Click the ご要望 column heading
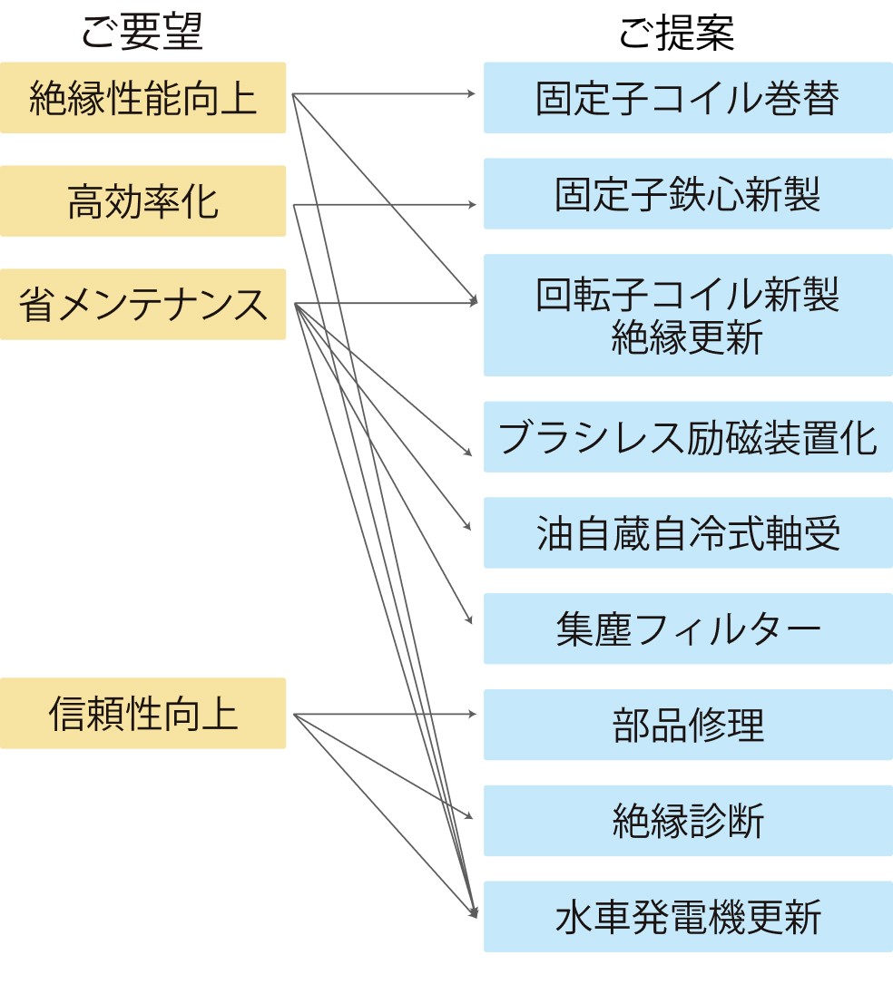[x=142, y=34]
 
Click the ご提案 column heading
[x=676, y=34]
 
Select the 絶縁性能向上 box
[x=142, y=98]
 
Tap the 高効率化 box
[x=142, y=200]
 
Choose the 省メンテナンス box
[x=142, y=304]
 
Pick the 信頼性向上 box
[x=142, y=713]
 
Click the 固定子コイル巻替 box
[x=687, y=98]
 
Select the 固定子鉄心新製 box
[x=687, y=194]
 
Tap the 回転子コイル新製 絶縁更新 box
[x=687, y=315]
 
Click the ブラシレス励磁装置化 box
[x=687, y=437]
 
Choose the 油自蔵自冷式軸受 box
[x=687, y=532]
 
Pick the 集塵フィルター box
[x=687, y=629]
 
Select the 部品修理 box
[x=687, y=725]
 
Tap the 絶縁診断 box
[x=687, y=821]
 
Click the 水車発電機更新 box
[x=687, y=917]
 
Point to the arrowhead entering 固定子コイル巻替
[x=471, y=93]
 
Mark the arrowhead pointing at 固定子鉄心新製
[x=471, y=205]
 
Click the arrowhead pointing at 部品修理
[x=471, y=714]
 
